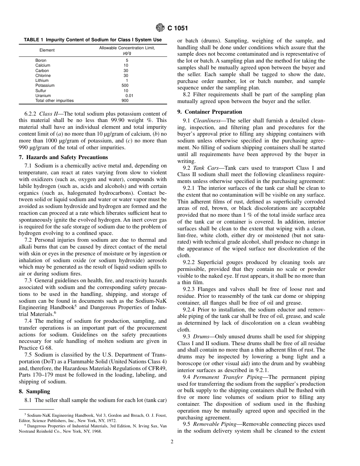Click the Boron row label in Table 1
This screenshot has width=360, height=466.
pyautogui.click(x=41, y=60)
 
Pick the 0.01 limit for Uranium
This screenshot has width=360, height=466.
pyautogui.click(x=129, y=96)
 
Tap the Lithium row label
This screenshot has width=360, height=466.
pyautogui.click(x=42, y=81)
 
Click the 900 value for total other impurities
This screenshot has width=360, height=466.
pyautogui.click(x=125, y=101)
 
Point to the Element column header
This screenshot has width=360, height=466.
pyautogui.click(x=47, y=50)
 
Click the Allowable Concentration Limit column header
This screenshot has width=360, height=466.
pyautogui.click(x=127, y=48)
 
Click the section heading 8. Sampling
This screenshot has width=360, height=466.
pyautogui.click(x=34, y=391)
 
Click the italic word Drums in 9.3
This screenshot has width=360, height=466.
pyautogui.click(x=201, y=336)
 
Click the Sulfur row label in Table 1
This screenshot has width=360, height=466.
pyautogui.click(x=41, y=91)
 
